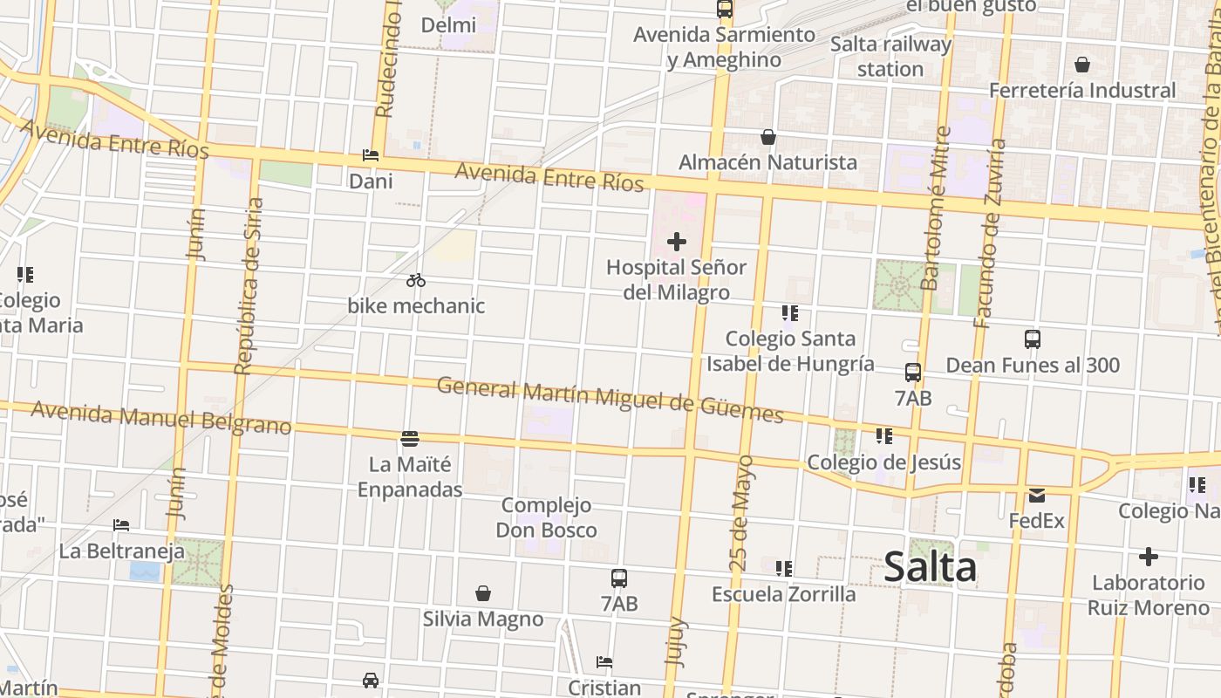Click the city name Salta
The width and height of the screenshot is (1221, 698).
click(x=930, y=568)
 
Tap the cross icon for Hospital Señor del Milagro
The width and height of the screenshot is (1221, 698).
click(x=677, y=242)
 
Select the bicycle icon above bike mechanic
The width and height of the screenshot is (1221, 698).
click(x=416, y=280)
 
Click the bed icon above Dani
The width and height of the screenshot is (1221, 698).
click(x=371, y=155)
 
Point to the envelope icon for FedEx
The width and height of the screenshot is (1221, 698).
click(x=1036, y=496)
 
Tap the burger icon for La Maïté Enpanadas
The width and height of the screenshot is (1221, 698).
click(x=410, y=438)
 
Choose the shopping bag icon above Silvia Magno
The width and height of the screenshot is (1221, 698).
click(x=483, y=593)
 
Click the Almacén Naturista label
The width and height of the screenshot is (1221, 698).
click(x=767, y=162)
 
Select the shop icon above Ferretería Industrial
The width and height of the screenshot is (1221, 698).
click(x=1082, y=65)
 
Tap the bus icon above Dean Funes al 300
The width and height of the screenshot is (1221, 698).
click(x=1033, y=339)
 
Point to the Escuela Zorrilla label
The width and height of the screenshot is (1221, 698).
click(x=784, y=594)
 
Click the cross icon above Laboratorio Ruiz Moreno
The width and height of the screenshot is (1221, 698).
click(x=1149, y=557)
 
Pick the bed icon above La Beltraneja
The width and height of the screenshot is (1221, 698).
click(x=121, y=525)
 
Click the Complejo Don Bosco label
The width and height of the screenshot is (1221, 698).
click(x=547, y=517)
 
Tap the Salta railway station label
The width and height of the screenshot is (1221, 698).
click(x=890, y=56)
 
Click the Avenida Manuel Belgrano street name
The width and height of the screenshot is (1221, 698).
click(x=161, y=418)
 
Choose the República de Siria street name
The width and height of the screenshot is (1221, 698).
click(x=249, y=286)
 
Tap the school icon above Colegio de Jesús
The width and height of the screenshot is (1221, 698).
click(x=884, y=435)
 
